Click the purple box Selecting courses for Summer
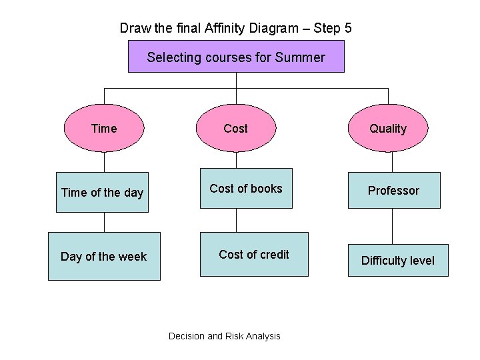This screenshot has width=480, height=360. [x=236, y=57]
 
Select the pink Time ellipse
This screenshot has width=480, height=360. [x=104, y=129]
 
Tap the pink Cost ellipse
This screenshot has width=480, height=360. [x=236, y=129]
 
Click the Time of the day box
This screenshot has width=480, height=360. [x=102, y=193]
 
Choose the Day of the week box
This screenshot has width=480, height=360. [x=104, y=256]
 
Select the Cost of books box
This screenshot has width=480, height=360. [x=247, y=189]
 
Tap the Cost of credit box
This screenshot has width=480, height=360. [x=254, y=254]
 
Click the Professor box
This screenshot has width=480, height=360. [x=393, y=191]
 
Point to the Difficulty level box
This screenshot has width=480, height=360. [x=398, y=261]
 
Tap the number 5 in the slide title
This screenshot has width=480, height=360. [x=348, y=28]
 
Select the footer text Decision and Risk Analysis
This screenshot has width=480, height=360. [x=225, y=336]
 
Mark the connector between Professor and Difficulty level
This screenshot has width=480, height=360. [x=393, y=227]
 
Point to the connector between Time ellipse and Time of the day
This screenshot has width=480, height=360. [x=104, y=162]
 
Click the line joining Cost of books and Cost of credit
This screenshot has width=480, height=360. [x=236, y=220]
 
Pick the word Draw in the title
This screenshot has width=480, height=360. [x=133, y=28]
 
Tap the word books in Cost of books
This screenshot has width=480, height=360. [x=266, y=189]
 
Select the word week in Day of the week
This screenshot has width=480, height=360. [x=132, y=257]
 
